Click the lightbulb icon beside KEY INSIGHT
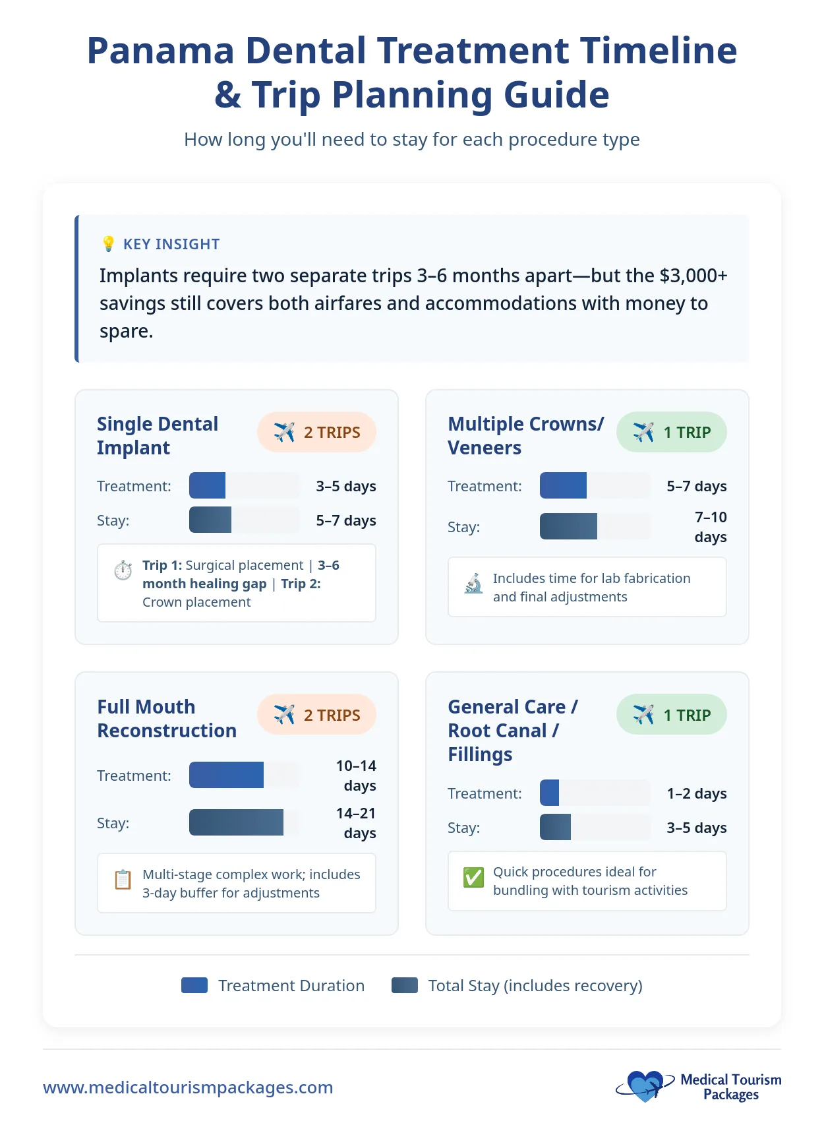[108, 244]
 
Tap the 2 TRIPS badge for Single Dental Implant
[316, 433]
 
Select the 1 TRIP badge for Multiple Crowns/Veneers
[671, 433]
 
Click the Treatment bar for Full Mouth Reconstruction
[226, 775]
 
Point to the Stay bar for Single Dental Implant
[210, 520]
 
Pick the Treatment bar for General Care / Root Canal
[549, 793]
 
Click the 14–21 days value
[357, 822]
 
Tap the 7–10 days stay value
[710, 526]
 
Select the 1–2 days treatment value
[696, 793]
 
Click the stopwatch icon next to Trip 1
[123, 570]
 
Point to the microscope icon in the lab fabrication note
[473, 584]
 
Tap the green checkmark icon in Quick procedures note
[473, 877]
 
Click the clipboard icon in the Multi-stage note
[123, 880]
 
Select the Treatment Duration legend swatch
[194, 985]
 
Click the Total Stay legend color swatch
[404, 985]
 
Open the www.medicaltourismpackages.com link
[188, 1087]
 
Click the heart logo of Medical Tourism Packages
[645, 1085]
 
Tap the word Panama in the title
[160, 51]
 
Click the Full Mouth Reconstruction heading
[167, 718]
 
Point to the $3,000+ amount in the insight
[693, 275]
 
